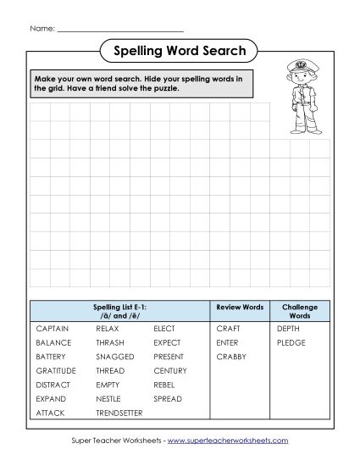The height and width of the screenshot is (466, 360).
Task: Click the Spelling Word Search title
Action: (180, 52)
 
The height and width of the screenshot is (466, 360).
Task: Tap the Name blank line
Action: (119, 31)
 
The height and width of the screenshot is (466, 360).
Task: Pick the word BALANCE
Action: (53, 342)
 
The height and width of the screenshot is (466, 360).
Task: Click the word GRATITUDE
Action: (56, 370)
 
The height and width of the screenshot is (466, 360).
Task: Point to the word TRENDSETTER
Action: (119, 413)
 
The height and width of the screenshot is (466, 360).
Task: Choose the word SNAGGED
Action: (115, 357)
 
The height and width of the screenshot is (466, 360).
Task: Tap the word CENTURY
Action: (170, 370)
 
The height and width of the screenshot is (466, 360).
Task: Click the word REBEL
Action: (164, 385)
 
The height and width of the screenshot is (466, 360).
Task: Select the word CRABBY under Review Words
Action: (230, 357)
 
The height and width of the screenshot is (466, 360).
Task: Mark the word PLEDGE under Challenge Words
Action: (291, 342)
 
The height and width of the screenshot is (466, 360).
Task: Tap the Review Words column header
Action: (240, 306)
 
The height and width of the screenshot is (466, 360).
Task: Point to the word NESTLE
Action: (108, 398)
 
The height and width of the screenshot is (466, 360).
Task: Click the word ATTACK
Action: (50, 413)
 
